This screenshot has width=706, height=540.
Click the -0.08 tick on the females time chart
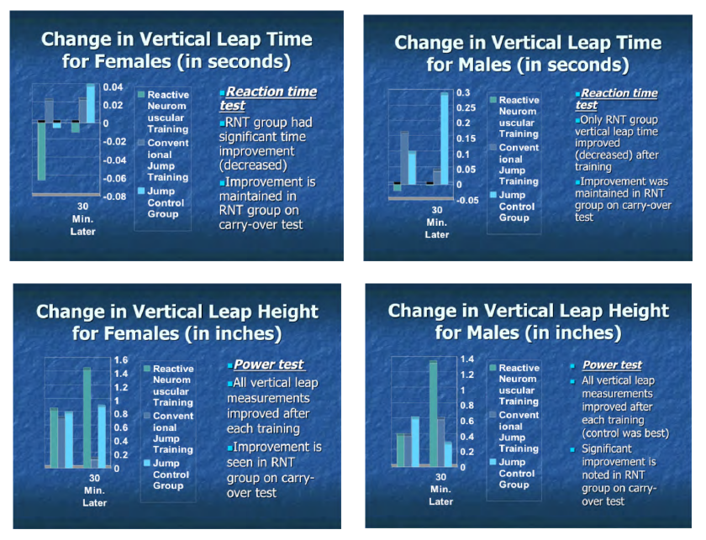pos(114,197)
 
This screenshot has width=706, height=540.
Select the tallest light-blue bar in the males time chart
pos(445,139)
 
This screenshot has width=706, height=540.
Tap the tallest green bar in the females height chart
pos(87,417)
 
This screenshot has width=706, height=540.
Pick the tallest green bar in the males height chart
pos(433,413)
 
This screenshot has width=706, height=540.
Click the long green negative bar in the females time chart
pos(41,151)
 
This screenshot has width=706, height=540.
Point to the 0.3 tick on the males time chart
pos(463,92)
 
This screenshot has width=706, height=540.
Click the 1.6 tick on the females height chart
pos(121,360)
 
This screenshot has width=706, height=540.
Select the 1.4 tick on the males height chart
pos(467,359)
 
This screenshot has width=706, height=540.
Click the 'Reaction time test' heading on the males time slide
pos(616,99)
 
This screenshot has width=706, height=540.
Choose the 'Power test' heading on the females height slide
pos(269,364)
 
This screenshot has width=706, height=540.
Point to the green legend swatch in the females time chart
pos(141,95)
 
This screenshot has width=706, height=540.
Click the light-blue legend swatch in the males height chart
pos(493,462)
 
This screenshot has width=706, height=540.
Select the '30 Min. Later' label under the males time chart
pos(437,223)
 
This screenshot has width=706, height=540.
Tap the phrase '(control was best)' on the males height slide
pos(625,433)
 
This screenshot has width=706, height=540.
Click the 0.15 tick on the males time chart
pos(466,139)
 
